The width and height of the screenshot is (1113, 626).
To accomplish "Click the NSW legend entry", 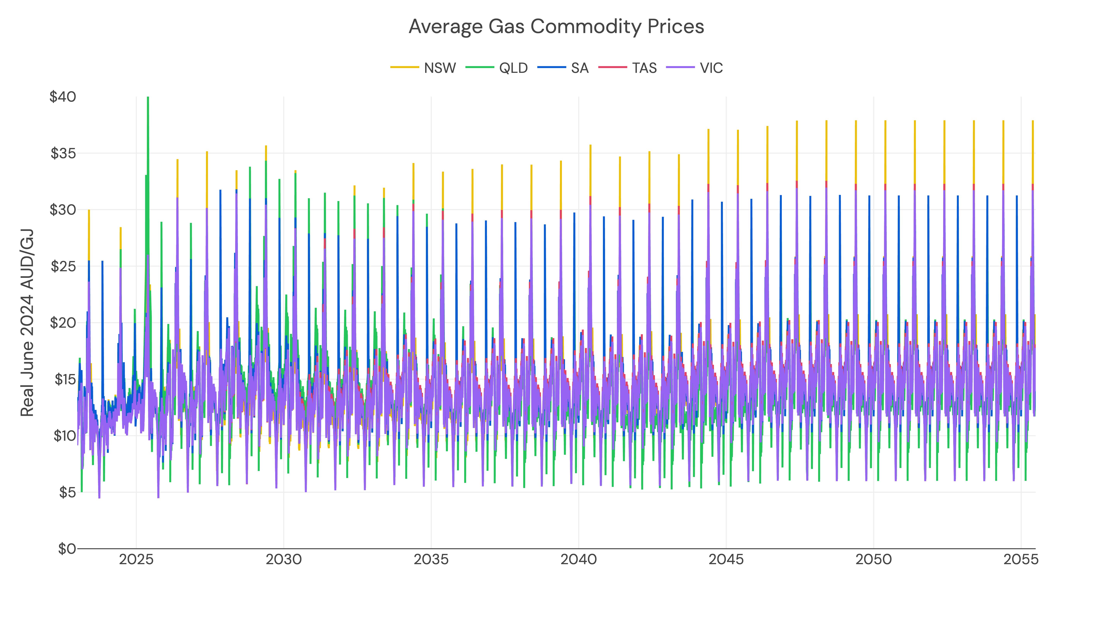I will coord(439,68).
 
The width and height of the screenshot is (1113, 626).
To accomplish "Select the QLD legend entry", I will coord(513,68).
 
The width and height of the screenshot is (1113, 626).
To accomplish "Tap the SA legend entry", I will coord(579,68).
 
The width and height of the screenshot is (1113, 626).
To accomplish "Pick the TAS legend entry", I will coord(644,68).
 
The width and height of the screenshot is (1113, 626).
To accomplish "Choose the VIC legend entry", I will coord(711,68).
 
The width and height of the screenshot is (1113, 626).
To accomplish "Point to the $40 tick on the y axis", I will coord(63,97).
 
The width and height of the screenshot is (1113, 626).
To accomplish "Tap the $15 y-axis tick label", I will coord(65,379).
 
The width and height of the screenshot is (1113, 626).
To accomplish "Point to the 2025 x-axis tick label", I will coord(136,560).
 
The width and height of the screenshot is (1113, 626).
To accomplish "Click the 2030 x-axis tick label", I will coord(283,560).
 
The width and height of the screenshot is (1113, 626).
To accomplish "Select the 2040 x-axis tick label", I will coord(579,560).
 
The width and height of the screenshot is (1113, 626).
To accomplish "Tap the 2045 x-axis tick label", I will coord(726,560).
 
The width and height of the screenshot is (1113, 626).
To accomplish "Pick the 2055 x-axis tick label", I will coord(1020,560).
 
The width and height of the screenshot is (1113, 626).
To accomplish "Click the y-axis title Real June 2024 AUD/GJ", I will coord(27,323).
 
